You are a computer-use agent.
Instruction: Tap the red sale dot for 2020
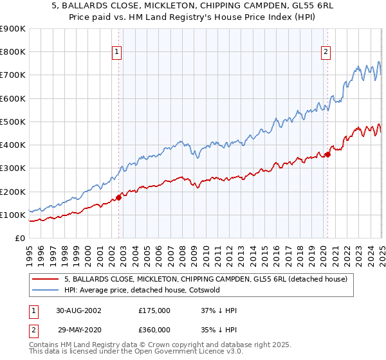[327, 154]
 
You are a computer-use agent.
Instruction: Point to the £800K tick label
[13, 52]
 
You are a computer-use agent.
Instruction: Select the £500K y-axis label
[13, 122]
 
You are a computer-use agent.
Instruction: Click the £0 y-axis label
[21, 238]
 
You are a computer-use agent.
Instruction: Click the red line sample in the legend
[45, 279]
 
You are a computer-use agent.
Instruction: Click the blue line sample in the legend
[45, 290]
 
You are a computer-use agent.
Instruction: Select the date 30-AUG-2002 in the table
[78, 310]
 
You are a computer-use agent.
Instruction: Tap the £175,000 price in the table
[154, 310]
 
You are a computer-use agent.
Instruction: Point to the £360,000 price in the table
[154, 329]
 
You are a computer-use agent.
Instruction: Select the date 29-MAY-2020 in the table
[78, 329]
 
